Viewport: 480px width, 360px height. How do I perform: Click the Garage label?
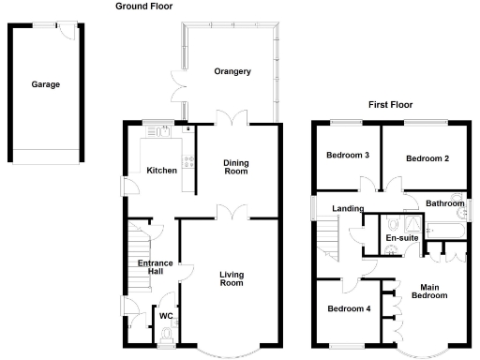45,84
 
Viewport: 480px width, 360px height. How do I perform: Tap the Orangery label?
231,72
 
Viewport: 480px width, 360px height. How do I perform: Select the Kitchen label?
161,170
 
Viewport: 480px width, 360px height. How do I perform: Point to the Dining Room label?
235,167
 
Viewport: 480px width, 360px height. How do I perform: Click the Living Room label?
232,278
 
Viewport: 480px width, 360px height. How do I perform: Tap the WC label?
165,316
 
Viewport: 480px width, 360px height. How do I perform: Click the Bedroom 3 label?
347,156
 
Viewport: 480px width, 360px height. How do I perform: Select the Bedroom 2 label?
427,158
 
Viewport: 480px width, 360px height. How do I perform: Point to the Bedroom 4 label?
348,308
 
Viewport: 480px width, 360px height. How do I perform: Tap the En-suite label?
402,238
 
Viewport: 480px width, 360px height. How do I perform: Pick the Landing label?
334,208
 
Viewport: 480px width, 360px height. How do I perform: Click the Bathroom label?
444,203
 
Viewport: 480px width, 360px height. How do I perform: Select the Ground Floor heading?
144,6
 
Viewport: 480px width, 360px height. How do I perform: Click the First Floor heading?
390,105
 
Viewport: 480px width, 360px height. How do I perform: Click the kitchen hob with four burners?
188,162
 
